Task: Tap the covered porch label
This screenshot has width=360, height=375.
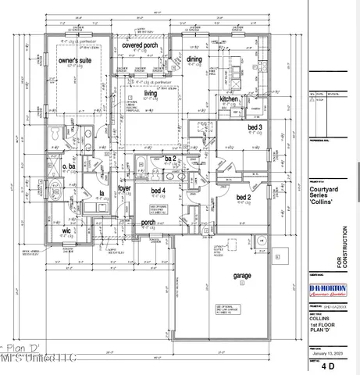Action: (141, 46)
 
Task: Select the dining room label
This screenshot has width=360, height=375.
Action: (194, 59)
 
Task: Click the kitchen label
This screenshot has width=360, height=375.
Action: (228, 99)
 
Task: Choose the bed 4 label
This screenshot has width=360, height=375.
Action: (158, 191)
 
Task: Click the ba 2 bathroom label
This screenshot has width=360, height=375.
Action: (170, 159)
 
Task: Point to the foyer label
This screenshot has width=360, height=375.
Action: (124, 187)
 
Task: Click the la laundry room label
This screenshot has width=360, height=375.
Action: (101, 192)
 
